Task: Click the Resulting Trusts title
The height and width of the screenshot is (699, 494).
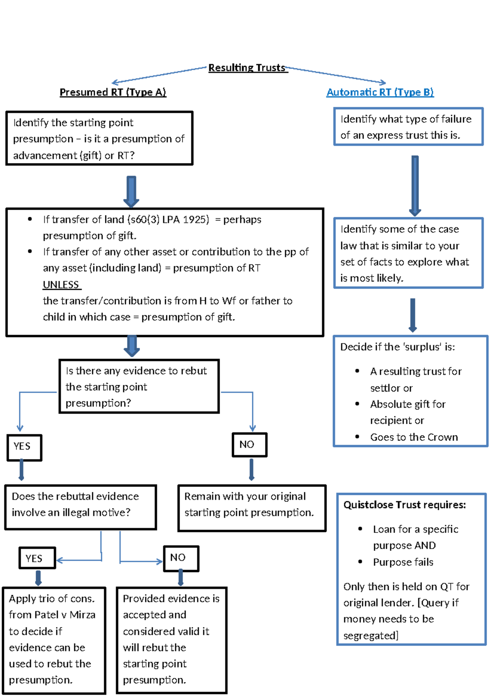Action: (247, 68)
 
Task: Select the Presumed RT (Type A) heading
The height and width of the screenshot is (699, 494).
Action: (113, 92)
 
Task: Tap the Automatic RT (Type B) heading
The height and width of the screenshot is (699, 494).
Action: (380, 92)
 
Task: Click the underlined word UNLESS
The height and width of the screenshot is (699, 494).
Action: (61, 285)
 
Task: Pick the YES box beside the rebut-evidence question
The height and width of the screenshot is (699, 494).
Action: (24, 447)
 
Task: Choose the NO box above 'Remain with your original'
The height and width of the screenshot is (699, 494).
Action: (249, 445)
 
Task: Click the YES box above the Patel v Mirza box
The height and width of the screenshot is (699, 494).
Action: (37, 558)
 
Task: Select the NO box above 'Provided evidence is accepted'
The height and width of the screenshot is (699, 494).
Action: (181, 558)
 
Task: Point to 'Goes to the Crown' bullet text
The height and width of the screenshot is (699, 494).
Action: (413, 437)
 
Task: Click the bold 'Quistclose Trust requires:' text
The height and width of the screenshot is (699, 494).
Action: (404, 505)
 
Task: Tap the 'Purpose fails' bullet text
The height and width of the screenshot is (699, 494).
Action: (403, 562)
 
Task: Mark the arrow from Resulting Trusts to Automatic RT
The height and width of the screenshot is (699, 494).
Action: (336, 75)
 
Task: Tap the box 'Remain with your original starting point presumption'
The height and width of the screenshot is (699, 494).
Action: (252, 508)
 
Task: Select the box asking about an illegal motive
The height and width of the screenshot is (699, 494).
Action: (81, 507)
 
